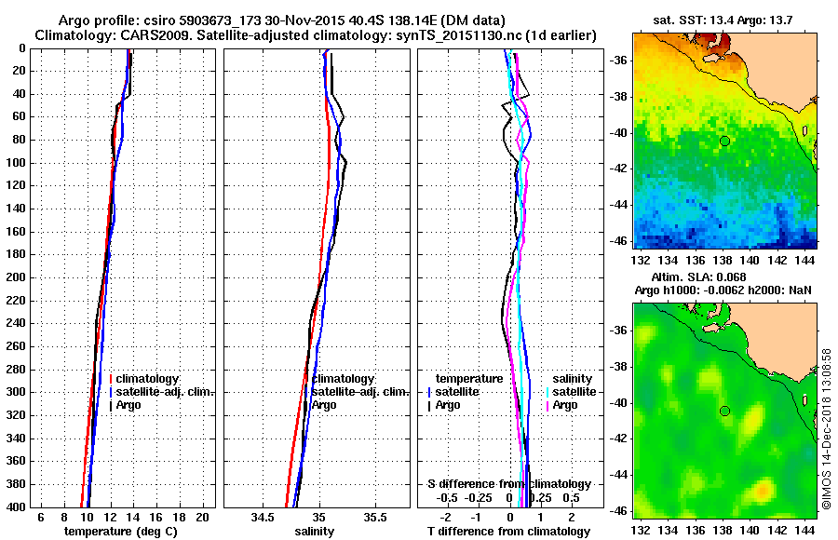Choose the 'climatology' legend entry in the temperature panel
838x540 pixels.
[x=151, y=379]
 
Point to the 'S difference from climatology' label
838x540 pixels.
[x=509, y=484]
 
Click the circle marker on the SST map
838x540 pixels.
[x=723, y=141]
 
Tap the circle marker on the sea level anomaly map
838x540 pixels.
[x=723, y=411]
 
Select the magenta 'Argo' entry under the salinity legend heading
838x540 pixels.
[x=565, y=405]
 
